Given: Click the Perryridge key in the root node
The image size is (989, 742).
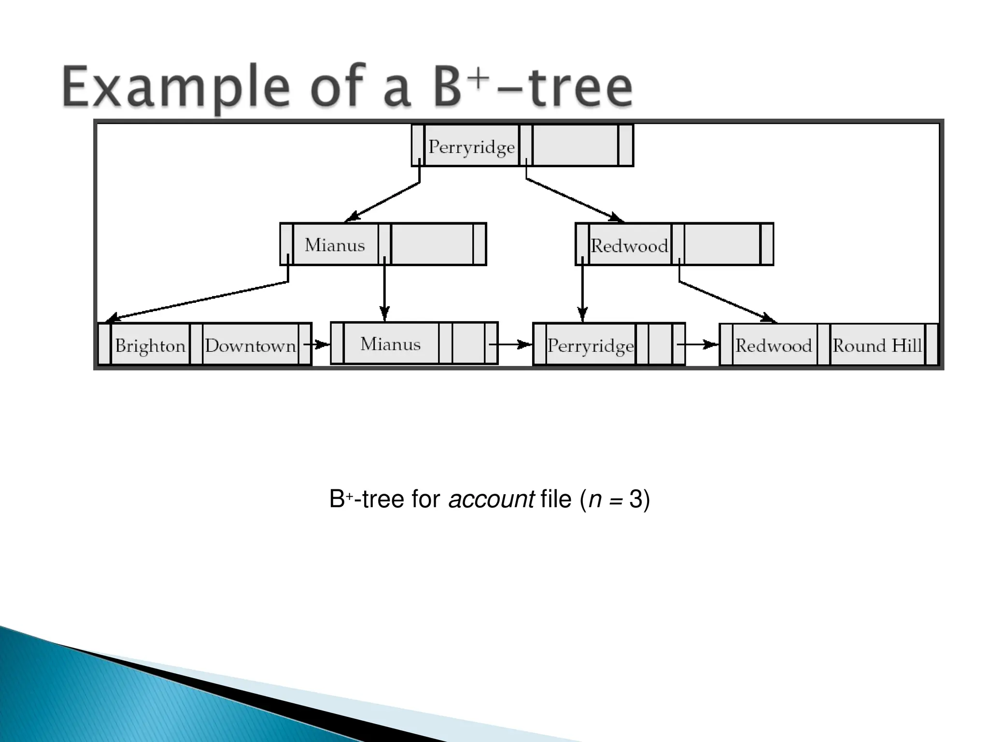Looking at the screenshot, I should click(x=471, y=146).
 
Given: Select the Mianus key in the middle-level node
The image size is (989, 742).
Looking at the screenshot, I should click(x=335, y=245).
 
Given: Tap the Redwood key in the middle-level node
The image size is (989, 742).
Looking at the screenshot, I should click(x=629, y=246).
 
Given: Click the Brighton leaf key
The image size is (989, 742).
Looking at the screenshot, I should click(x=150, y=346).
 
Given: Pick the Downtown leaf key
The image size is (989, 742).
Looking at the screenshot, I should click(x=250, y=346).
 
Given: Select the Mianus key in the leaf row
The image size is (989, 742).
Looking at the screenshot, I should click(x=390, y=344).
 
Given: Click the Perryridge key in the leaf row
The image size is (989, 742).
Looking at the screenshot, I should click(x=590, y=346).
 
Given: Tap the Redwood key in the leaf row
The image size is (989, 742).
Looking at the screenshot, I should click(x=774, y=346).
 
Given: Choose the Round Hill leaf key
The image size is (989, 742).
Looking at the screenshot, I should click(x=877, y=346).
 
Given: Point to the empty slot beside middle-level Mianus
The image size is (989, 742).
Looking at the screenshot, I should click(x=432, y=244).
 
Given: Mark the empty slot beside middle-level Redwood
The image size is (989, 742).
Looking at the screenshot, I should click(x=721, y=244).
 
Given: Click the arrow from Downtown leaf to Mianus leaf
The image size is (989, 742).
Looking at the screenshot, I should click(x=317, y=344).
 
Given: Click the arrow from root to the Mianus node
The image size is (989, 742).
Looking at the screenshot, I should click(x=384, y=201).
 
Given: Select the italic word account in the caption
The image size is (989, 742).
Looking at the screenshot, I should click(x=491, y=499).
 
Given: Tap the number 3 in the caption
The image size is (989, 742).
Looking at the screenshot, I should click(x=636, y=499).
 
